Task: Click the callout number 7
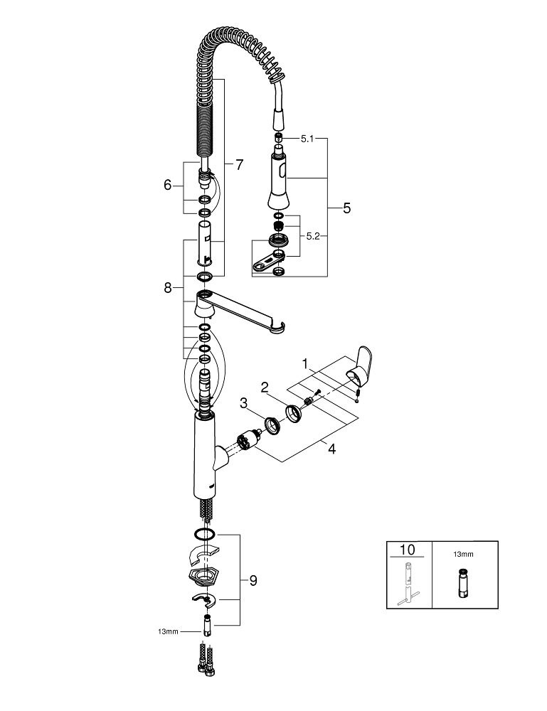pyautogui.click(x=239, y=164)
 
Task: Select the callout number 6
pyautogui.click(x=168, y=185)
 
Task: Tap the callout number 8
pyautogui.click(x=168, y=287)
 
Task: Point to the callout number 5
pyautogui.click(x=346, y=208)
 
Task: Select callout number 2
pyautogui.click(x=264, y=387)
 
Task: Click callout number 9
pyautogui.click(x=253, y=580)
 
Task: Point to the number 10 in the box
pyautogui.click(x=408, y=550)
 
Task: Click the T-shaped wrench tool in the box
pyautogui.click(x=408, y=585)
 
